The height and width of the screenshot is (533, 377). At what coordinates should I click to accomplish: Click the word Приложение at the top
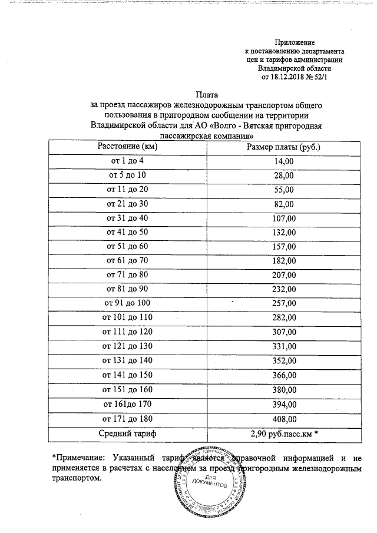(295, 43)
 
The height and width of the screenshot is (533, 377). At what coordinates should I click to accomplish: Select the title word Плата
(206, 95)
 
